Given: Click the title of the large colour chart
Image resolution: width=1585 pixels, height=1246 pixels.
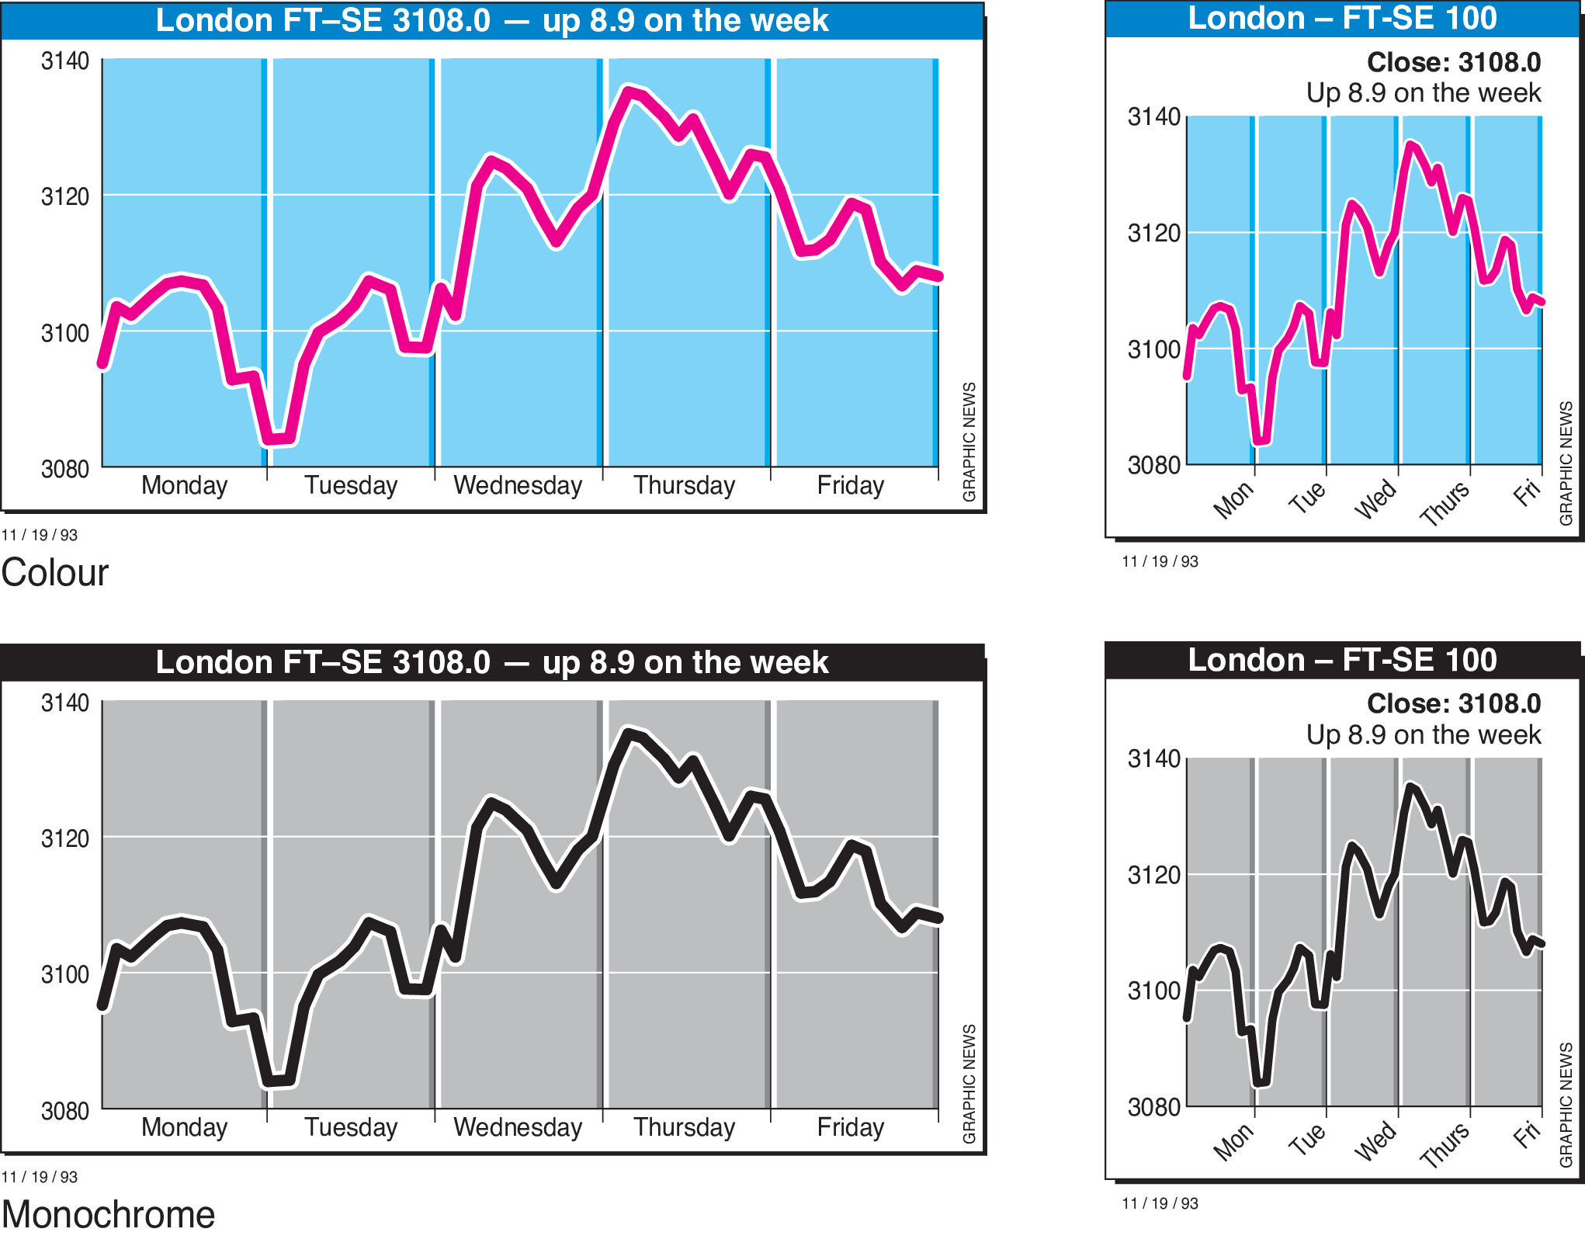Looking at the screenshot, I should pos(492,21).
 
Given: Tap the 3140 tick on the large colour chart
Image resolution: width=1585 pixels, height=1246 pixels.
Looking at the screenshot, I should pos(65,61).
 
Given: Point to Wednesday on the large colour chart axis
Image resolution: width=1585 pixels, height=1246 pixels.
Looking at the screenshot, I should pos(518,485).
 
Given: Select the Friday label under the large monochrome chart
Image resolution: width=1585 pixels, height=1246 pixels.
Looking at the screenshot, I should pos(850,1127).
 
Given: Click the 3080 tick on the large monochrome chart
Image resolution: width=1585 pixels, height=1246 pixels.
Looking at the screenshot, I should pos(65,1111).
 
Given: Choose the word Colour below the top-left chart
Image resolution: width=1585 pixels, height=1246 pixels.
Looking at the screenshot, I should pos(55,573).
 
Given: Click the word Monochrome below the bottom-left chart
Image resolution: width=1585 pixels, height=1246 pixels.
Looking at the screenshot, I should pos(108,1215).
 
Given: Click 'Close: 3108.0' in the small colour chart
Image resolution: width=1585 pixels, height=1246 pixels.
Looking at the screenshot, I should pos(1453,62).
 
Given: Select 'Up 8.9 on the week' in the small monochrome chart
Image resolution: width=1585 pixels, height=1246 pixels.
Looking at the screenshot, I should pos(1423,734).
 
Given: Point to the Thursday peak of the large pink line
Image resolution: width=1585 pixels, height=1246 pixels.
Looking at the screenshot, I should pos(630,92).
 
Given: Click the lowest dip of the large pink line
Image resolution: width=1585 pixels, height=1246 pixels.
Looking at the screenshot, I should pos(277,440).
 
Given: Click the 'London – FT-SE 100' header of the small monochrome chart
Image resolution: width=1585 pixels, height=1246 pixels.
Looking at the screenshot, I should pos(1342,661).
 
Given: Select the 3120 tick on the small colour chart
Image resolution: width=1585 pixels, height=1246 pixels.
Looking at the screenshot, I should pos(1153,233).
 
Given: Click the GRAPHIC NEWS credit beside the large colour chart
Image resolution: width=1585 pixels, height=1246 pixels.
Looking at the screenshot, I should pos(969,442).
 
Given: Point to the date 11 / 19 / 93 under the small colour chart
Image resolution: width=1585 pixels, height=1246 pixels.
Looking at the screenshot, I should pos(1160,561).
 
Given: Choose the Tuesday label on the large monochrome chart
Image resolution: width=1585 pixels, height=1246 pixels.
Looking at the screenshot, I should pos(351,1127).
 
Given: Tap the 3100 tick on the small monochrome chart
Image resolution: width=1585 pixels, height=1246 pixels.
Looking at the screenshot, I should pos(1153,991).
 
